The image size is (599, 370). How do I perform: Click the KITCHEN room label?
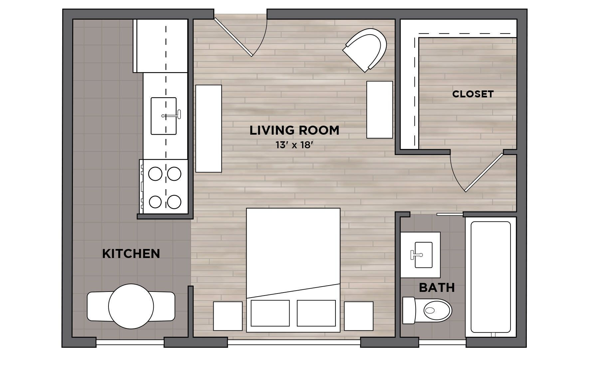(131, 254)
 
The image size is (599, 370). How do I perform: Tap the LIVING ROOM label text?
(295, 130)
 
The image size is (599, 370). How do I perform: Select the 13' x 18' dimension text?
(295, 145)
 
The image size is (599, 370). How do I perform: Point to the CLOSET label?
(473, 94)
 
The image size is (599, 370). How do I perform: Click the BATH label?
(437, 288)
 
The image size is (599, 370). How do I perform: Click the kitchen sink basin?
(164, 116)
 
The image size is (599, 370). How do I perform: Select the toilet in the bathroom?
(427, 310)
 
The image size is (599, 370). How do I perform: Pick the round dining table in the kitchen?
(131, 306)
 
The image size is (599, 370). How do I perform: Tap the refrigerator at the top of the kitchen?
(160, 46)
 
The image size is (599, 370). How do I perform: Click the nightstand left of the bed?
(228, 316)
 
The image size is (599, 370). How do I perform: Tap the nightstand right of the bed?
(359, 316)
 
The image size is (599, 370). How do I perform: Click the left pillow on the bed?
(270, 313)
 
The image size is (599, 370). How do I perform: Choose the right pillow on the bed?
(316, 313)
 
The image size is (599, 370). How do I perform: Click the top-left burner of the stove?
(155, 174)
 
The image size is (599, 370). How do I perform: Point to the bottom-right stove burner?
(174, 202)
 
